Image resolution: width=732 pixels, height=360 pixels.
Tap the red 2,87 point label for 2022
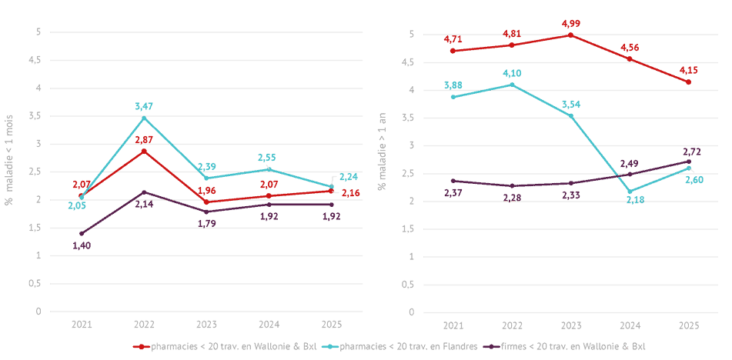(x=145, y=139)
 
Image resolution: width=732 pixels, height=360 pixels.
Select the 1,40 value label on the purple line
(x=82, y=245)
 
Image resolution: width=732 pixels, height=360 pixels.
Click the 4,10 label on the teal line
(x=512, y=73)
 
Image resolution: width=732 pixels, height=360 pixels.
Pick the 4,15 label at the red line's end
(x=689, y=69)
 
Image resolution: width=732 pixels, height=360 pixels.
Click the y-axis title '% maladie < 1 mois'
(x=11, y=171)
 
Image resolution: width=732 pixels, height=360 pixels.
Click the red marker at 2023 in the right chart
(x=571, y=35)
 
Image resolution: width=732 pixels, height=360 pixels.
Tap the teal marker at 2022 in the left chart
(x=145, y=118)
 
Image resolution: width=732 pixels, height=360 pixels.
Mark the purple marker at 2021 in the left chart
(x=82, y=233)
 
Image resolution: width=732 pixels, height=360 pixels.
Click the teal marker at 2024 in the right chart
(x=630, y=191)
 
